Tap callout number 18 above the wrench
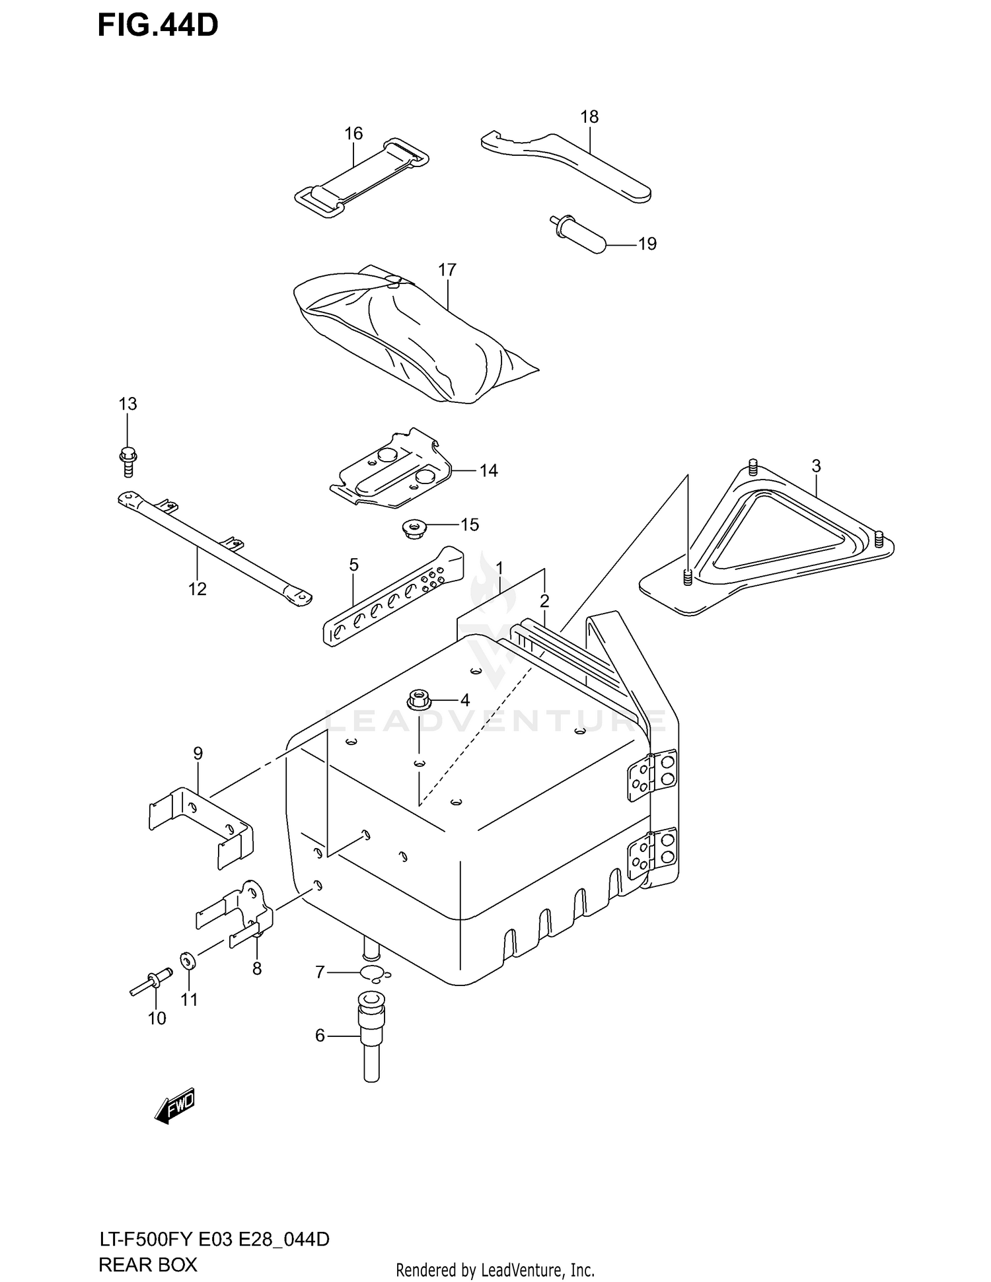(589, 117)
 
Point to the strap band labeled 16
(360, 175)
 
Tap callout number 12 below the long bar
(197, 588)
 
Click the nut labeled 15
(414, 529)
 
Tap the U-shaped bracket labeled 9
(198, 826)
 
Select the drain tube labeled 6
(371, 1040)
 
